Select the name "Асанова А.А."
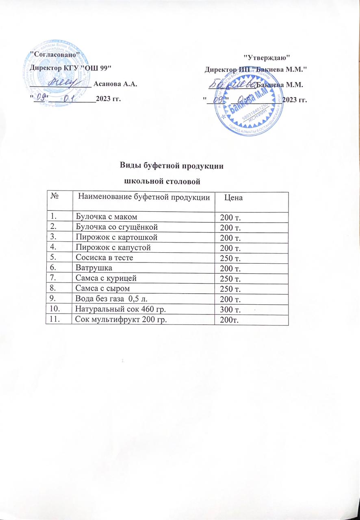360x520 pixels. click(115, 84)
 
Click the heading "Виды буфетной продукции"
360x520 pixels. click(173, 166)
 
